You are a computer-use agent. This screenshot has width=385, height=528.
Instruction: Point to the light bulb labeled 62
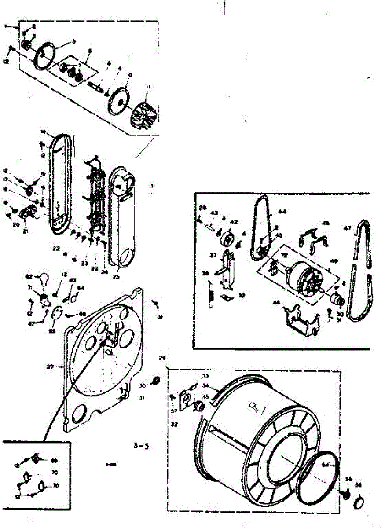click(43, 278)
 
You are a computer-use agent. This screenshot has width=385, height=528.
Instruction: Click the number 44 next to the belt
click(282, 212)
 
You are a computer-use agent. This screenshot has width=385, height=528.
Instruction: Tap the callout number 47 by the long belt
click(347, 229)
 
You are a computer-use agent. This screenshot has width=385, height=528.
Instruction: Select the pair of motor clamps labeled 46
click(315, 237)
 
